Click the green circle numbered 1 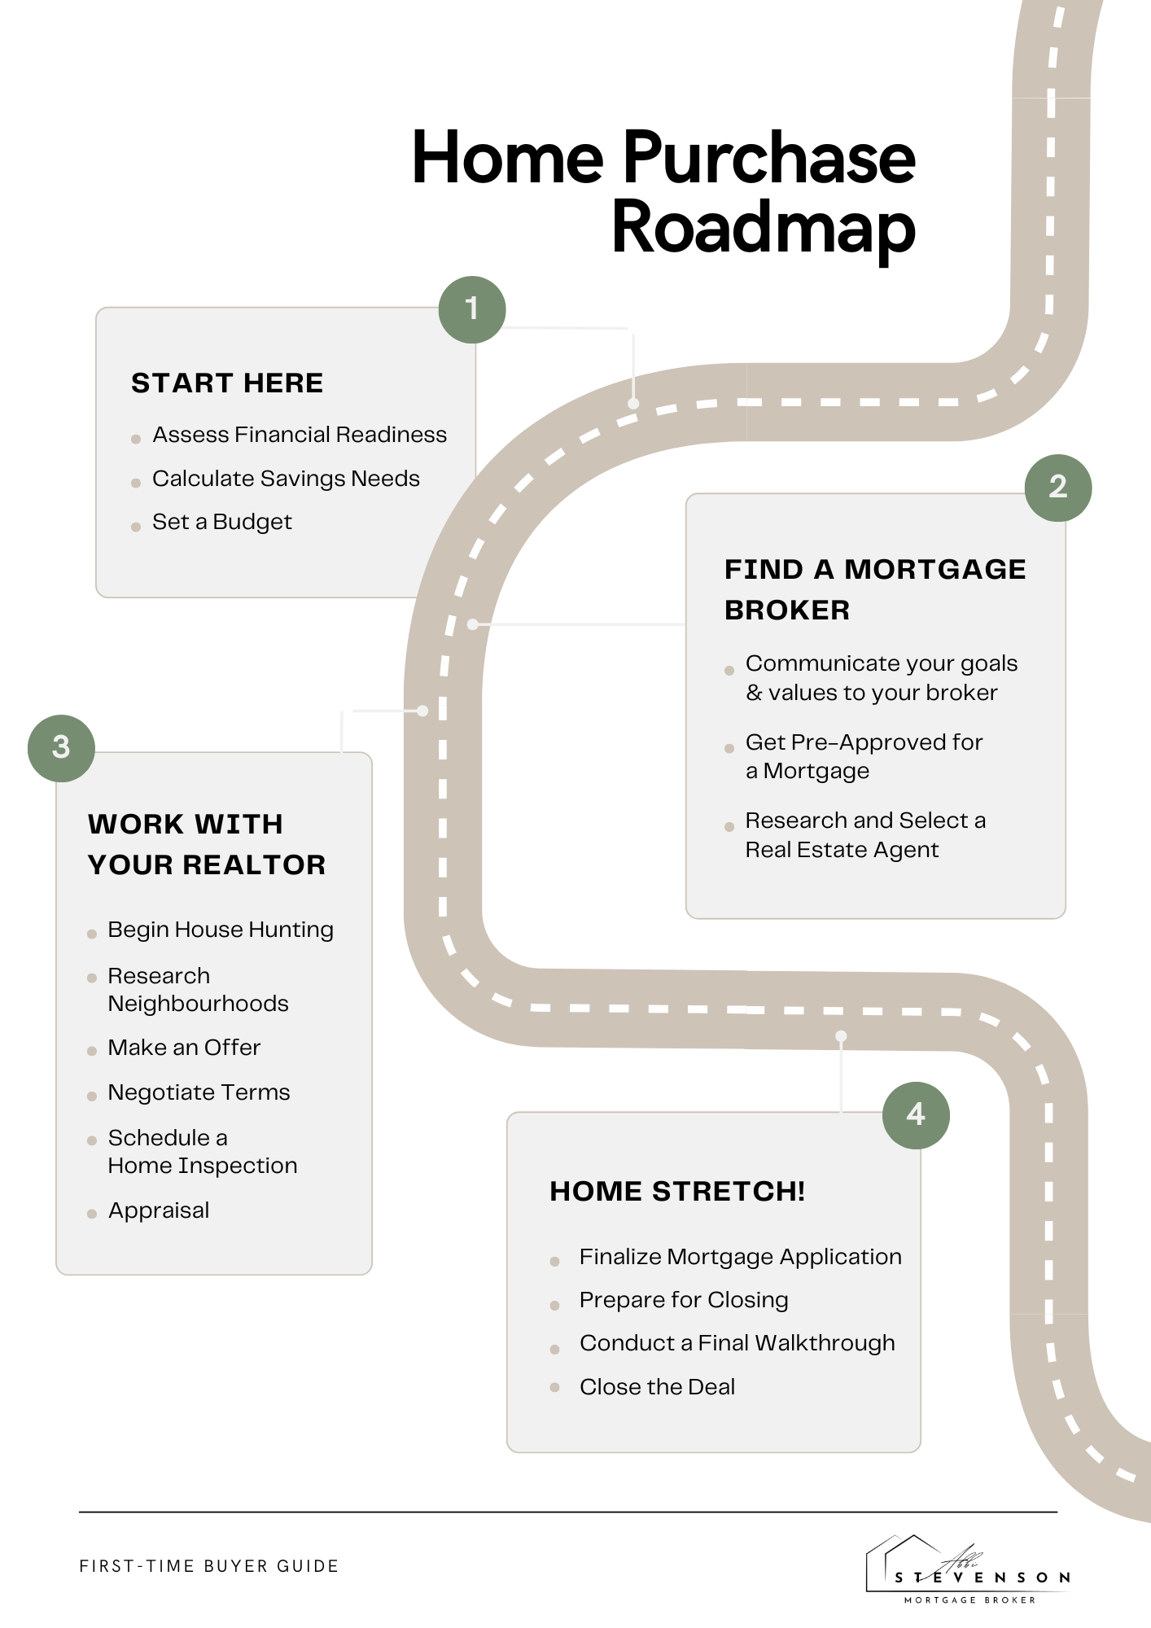[x=472, y=309]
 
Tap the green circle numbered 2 [x=1057, y=487]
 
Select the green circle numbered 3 [x=61, y=747]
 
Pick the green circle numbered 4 [x=916, y=1114]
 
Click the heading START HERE [x=227, y=383]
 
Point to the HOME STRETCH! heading [x=677, y=1191]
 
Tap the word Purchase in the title [x=769, y=158]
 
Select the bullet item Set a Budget [x=221, y=522]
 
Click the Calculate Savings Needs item [x=286, y=479]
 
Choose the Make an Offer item [x=184, y=1048]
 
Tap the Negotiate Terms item [x=199, y=1092]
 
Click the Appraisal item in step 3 [x=159, y=1210]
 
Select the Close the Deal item [x=657, y=1387]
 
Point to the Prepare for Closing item [x=684, y=1300]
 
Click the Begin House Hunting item [x=221, y=930]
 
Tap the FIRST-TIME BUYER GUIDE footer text [x=209, y=1566]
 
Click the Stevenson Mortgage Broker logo [x=969, y=1571]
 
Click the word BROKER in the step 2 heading [x=787, y=610]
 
